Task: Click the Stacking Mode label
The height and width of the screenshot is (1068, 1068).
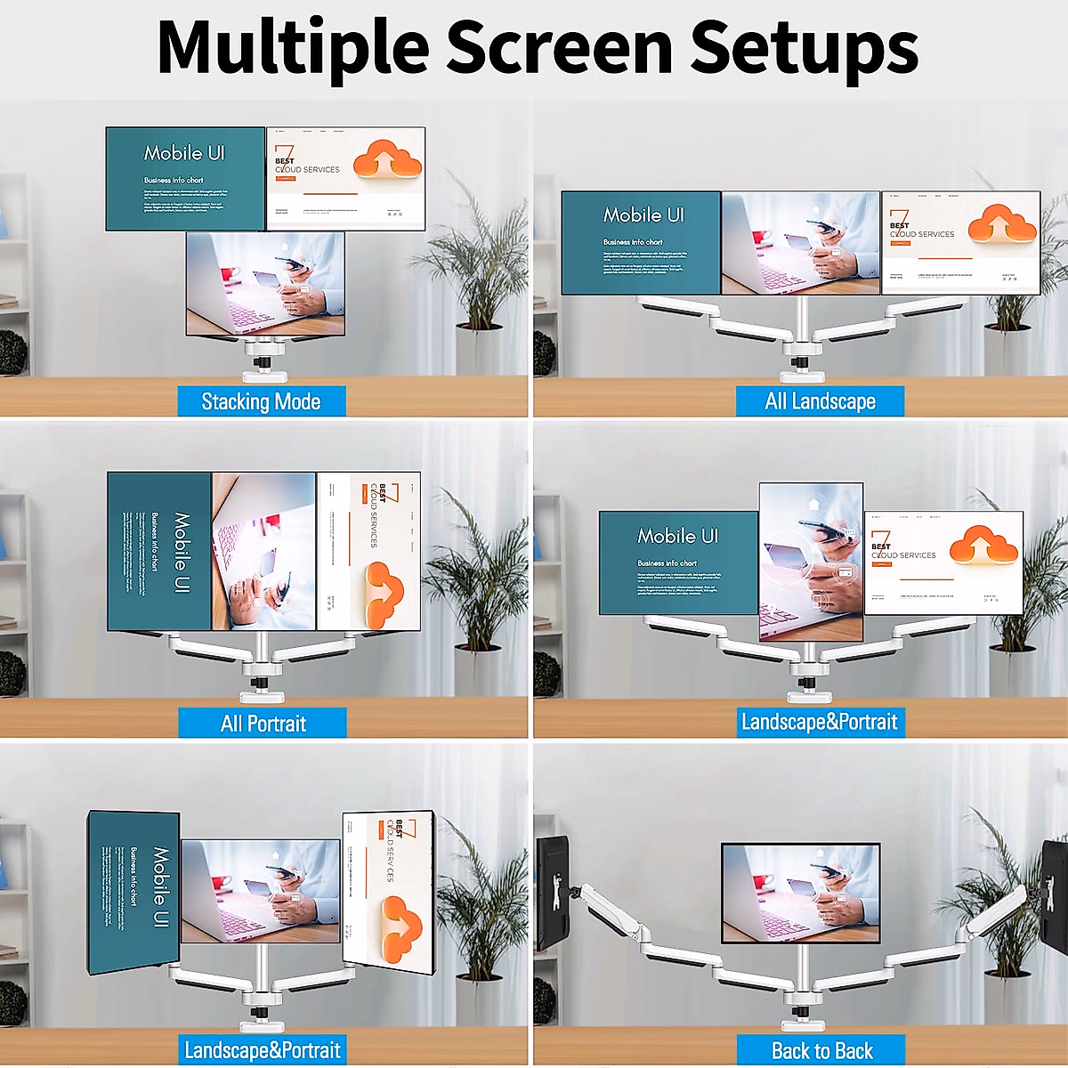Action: coord(261,401)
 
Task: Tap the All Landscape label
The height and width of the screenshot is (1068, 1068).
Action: coord(820,401)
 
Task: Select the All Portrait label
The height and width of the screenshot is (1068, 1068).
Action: coord(263,723)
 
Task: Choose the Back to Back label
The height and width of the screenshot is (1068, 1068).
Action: coord(821,1050)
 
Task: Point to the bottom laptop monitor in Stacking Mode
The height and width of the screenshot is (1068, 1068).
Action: coord(265,283)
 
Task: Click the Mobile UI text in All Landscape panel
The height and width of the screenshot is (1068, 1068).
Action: coord(643,215)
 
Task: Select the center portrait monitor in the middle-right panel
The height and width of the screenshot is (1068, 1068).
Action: coord(811,561)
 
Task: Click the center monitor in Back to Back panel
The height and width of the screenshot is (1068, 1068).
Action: coord(800,893)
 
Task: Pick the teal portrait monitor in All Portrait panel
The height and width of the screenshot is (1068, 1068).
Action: coord(159,552)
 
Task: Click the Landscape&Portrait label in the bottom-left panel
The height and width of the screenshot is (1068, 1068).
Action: coord(262,1050)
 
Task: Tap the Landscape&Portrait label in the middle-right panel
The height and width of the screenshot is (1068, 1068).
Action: coord(820,722)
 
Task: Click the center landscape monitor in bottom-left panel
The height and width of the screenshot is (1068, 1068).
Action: coord(260,890)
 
